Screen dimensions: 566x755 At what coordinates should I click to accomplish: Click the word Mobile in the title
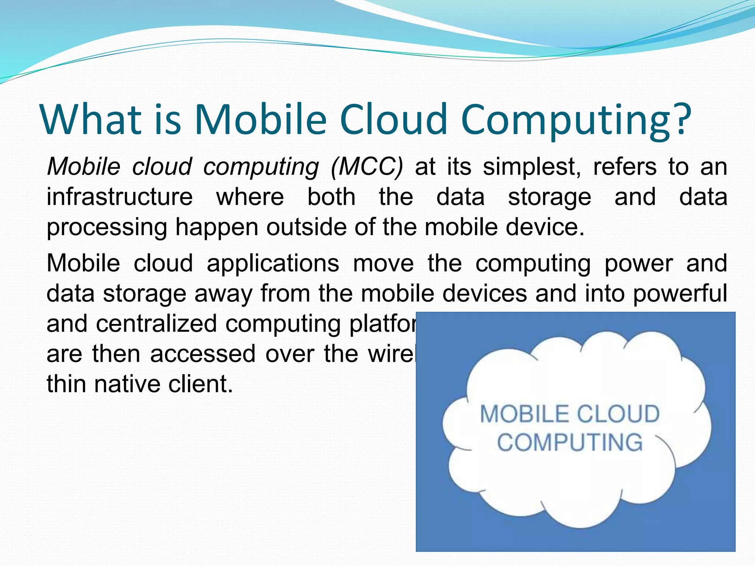260,119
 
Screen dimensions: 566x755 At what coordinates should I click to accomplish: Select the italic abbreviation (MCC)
367,167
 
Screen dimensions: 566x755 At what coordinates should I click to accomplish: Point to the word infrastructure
119,197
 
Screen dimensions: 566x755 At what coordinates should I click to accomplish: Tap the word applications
273,264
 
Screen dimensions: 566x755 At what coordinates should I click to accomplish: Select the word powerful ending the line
680,294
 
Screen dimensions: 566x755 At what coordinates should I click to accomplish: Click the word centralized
156,324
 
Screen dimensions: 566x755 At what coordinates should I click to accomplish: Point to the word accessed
203,354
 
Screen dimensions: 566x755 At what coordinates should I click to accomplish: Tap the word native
128,384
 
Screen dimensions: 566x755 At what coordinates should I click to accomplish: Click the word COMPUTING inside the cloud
570,442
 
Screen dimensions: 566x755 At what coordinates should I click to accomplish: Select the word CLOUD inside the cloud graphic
618,414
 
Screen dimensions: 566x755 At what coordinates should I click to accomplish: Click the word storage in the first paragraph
549,198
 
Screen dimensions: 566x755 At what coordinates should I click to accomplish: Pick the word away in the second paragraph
223,294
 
